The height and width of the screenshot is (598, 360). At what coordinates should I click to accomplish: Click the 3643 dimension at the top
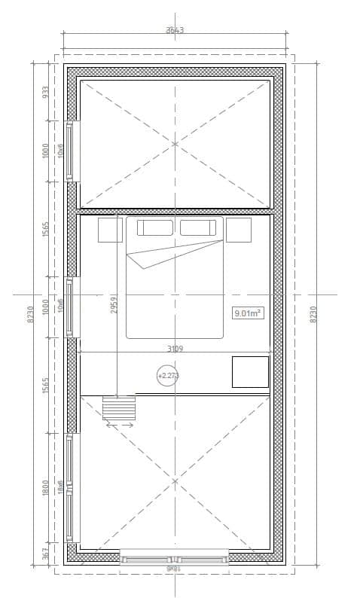point(175,31)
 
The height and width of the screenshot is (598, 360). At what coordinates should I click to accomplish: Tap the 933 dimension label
point(45,92)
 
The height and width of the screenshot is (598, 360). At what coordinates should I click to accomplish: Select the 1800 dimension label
point(45,487)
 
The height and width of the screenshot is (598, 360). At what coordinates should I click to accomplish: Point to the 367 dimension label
point(45,554)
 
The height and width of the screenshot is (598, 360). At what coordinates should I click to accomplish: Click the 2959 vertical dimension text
point(114,304)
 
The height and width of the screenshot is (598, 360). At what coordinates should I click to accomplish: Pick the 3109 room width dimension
point(175,348)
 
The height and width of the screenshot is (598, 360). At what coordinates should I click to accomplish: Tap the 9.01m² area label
point(248,313)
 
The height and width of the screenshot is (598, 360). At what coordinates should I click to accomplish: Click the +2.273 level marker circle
point(167,375)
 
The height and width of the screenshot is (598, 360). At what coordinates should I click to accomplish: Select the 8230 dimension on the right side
point(314,313)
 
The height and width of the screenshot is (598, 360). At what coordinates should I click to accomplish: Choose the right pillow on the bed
point(198,227)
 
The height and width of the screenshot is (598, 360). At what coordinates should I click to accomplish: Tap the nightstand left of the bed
point(110,230)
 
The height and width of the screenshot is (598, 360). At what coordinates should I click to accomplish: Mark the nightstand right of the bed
point(239,230)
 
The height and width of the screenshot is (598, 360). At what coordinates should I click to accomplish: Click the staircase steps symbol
point(119,407)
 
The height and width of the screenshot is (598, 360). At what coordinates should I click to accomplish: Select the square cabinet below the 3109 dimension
point(250,372)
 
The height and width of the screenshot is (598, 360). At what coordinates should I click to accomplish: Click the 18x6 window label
point(60,487)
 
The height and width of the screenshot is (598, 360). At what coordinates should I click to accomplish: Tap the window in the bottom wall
point(175,559)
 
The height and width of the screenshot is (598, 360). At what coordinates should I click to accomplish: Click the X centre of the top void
point(175,143)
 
